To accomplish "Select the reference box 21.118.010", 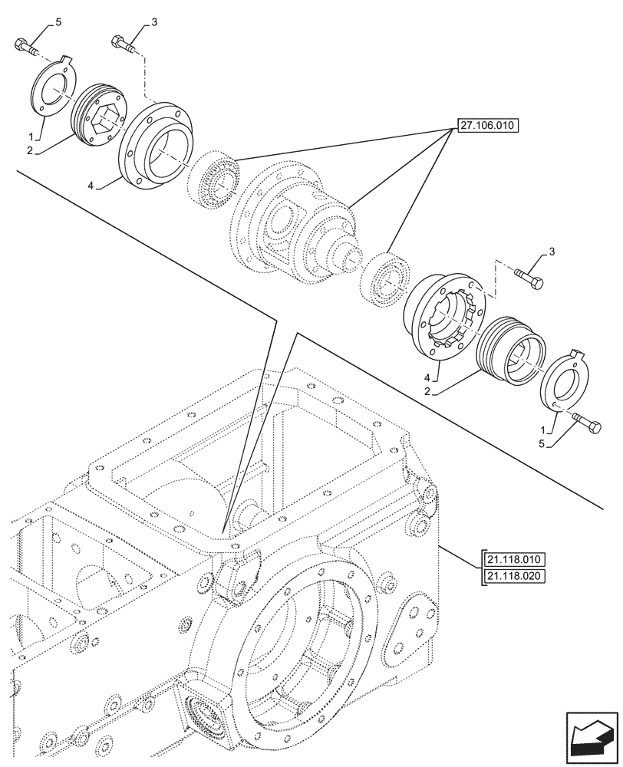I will coord(513,558).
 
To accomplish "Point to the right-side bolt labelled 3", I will coord(529,278).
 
